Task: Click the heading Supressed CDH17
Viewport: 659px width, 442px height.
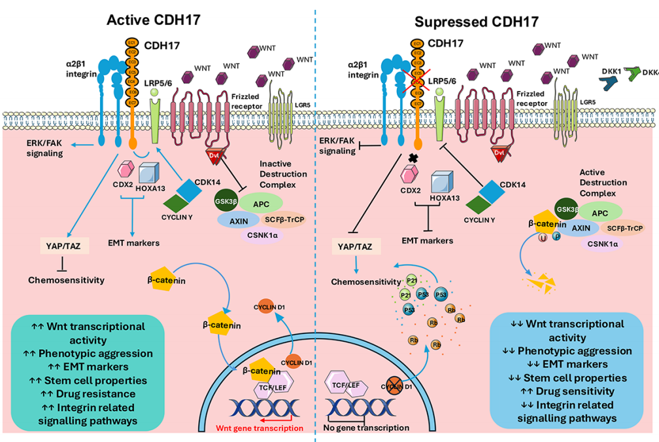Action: (x=477, y=22)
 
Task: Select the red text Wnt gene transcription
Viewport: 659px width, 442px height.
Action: (x=260, y=428)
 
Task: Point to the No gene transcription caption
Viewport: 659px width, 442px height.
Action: (x=366, y=428)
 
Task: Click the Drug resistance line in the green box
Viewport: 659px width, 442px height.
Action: (x=96, y=394)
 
